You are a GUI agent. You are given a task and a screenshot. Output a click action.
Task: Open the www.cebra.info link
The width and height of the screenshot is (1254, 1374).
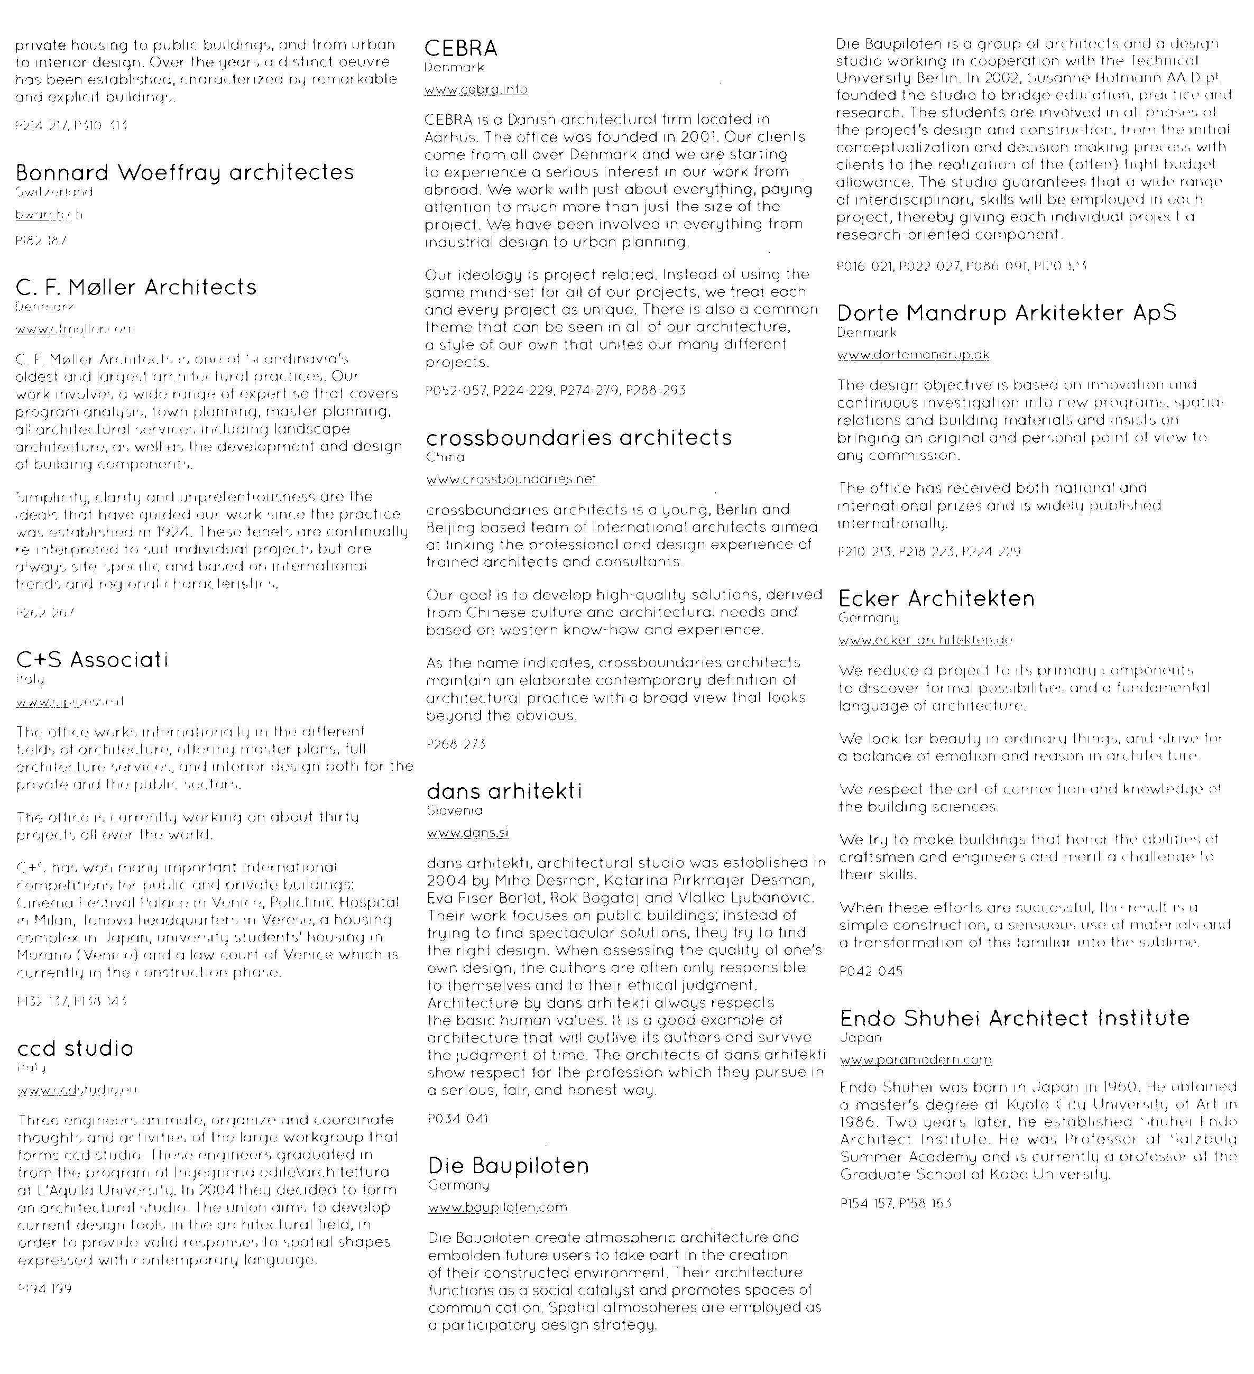pos(476,89)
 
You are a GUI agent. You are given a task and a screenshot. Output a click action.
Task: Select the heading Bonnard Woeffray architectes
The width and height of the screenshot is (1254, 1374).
pos(185,172)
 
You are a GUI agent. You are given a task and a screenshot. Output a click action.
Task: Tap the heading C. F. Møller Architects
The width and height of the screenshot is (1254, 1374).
pos(136,287)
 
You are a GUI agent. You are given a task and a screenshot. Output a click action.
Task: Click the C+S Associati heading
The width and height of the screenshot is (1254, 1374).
pos(92,659)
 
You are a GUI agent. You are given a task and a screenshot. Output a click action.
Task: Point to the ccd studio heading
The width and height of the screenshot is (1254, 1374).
pos(75,1047)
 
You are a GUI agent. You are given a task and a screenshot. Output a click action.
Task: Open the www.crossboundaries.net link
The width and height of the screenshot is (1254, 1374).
pos(511,479)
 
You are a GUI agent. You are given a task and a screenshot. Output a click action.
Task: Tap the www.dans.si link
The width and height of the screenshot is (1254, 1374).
pos(467,832)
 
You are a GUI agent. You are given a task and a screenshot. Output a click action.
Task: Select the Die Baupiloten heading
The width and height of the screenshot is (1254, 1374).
pos(509,1165)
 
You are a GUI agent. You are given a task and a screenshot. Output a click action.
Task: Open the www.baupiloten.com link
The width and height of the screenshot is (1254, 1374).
pos(497,1207)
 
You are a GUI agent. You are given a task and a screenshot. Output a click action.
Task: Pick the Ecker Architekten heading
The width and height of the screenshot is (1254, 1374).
pos(936,598)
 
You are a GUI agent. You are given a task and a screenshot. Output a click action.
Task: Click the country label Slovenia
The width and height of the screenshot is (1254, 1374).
pos(455,810)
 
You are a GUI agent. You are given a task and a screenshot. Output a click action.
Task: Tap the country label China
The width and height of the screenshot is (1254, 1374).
pos(445,457)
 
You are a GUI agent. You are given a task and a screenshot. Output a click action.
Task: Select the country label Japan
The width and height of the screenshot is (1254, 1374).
pos(861,1037)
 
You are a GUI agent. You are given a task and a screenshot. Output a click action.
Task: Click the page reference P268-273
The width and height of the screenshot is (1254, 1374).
pos(456,744)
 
